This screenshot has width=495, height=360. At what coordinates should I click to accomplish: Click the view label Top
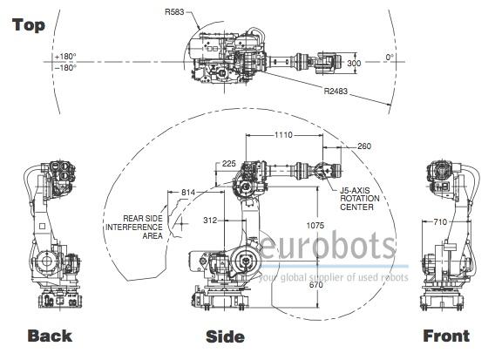pyautogui.click(x=29, y=25)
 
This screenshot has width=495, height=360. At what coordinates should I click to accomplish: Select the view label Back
pyautogui.click(x=50, y=336)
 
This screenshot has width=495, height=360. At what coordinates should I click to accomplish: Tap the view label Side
pyautogui.click(x=225, y=336)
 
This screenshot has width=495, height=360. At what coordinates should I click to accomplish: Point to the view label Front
pyautogui.click(x=446, y=336)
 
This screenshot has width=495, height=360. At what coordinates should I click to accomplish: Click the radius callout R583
pyautogui.click(x=174, y=12)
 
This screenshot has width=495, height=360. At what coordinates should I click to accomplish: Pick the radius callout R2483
pyautogui.click(x=336, y=91)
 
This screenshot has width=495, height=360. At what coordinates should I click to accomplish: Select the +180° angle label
pyautogui.click(x=65, y=57)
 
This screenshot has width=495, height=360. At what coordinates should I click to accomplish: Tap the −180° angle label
pyautogui.click(x=65, y=67)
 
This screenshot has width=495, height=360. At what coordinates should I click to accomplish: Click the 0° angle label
pyautogui.click(x=390, y=58)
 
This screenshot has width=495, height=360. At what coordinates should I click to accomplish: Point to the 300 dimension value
pyautogui.click(x=354, y=63)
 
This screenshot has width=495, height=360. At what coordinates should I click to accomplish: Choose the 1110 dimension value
pyautogui.click(x=283, y=135)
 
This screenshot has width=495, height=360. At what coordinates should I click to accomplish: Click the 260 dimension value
pyautogui.click(x=364, y=146)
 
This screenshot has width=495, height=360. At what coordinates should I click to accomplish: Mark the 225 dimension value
pyautogui.click(x=229, y=163)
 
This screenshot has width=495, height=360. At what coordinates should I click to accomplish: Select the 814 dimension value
pyautogui.click(x=188, y=193)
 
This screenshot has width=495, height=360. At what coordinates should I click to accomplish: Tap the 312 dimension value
pyautogui.click(x=210, y=221)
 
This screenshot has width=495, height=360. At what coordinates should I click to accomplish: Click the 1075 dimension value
pyautogui.click(x=315, y=225)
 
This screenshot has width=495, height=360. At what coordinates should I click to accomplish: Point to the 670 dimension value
pyautogui.click(x=316, y=284)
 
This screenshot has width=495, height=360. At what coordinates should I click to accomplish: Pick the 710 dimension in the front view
pyautogui.click(x=440, y=221)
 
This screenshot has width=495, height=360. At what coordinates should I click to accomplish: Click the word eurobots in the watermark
pyautogui.click(x=328, y=247)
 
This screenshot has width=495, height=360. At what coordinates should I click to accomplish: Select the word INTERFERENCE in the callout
pyautogui.click(x=134, y=227)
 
